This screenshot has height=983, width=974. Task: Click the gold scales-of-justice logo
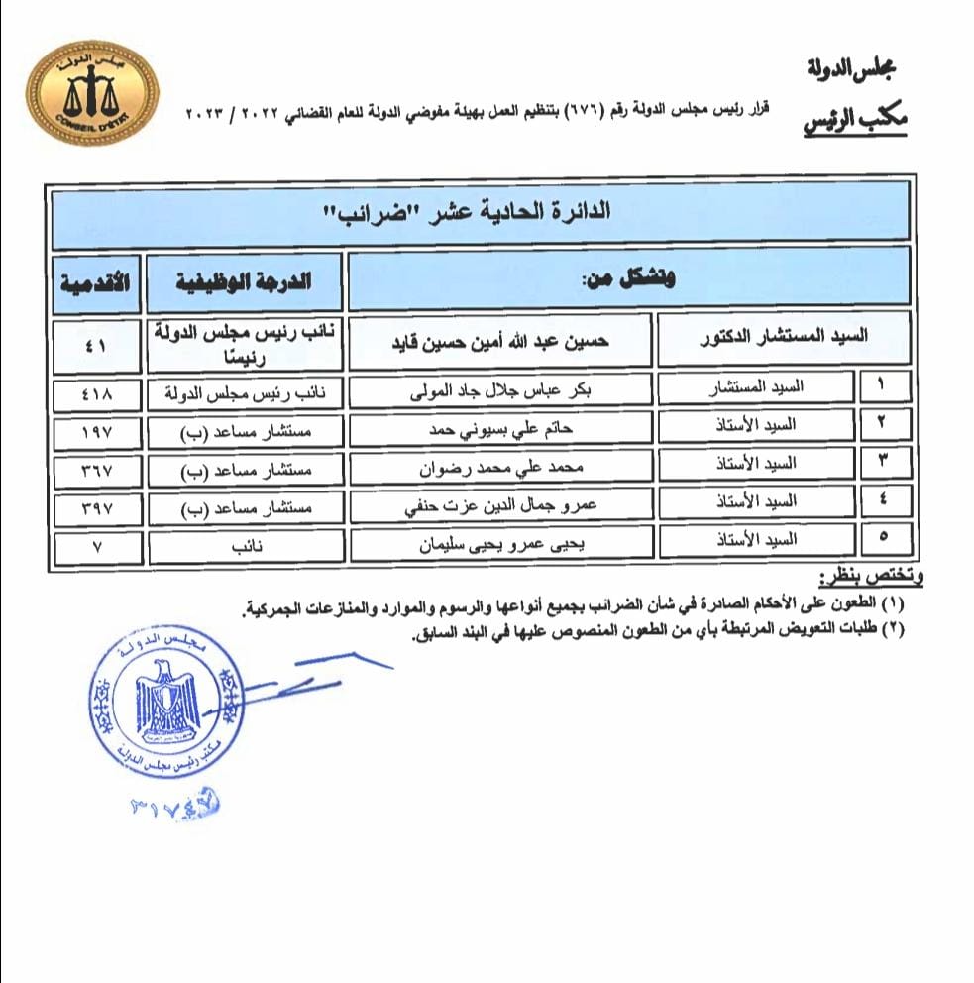tap(90, 93)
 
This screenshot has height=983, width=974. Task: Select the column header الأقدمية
tap(97, 281)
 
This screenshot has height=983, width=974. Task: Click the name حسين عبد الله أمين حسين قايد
tap(500, 339)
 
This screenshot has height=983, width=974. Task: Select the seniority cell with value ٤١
tap(97, 343)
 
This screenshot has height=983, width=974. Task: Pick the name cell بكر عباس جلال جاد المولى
tap(500, 390)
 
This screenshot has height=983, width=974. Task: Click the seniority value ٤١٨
tap(97, 393)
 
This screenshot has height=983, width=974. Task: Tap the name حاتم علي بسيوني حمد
tap(500, 428)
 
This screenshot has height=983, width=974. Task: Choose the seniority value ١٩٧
tap(97, 431)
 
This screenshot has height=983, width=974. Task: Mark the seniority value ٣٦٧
tap(97, 469)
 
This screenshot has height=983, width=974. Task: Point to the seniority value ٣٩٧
tap(97, 507)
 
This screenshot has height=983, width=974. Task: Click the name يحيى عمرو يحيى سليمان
tap(500, 542)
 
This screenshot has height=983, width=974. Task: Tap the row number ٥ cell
tap(884, 540)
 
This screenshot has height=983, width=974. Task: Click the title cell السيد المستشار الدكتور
tap(783, 337)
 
